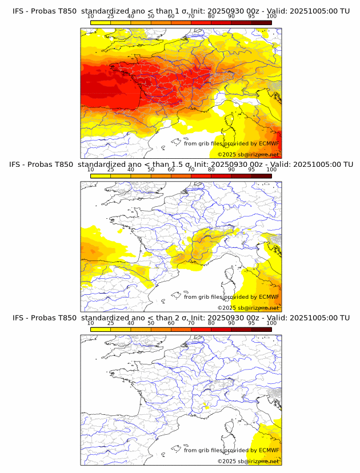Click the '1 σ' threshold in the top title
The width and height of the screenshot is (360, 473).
click(x=178, y=11)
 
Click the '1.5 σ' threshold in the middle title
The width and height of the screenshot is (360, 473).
click(x=181, y=165)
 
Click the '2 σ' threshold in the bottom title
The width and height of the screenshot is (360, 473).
click(x=178, y=318)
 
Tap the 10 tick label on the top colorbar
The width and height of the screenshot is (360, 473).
click(x=90, y=17)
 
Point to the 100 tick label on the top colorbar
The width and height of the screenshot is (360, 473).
click(x=271, y=17)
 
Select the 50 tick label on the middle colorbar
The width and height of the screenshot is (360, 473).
click(x=151, y=170)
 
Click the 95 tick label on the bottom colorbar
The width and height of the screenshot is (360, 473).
click(x=251, y=323)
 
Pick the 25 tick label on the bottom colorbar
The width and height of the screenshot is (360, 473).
click(x=110, y=323)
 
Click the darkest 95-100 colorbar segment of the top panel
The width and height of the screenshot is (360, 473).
click(x=261, y=22)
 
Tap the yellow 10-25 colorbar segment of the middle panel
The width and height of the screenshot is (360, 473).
click(x=101, y=175)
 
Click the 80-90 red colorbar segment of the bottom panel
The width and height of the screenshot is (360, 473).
click(x=221, y=328)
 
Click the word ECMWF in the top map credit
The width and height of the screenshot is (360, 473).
click(x=269, y=144)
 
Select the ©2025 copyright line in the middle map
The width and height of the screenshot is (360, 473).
click(x=248, y=307)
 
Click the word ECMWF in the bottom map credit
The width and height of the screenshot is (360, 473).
click(x=269, y=450)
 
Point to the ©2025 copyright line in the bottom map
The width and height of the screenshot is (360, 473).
click(x=248, y=460)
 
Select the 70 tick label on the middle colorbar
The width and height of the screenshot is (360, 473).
click(x=191, y=170)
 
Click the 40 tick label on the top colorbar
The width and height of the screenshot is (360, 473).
click(x=130, y=17)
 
